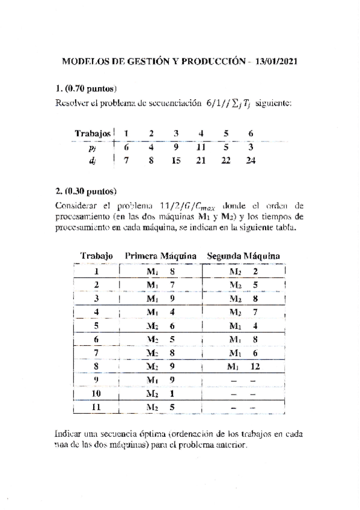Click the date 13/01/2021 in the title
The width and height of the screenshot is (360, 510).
click(276, 61)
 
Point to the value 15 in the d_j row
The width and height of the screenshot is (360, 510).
click(176, 161)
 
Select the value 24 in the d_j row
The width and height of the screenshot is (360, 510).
click(251, 161)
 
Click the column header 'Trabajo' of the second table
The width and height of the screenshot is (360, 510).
click(96, 256)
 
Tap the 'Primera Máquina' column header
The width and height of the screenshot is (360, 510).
click(160, 256)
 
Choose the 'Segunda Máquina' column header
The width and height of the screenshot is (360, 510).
click(243, 256)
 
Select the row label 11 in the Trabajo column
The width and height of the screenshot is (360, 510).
click(96, 407)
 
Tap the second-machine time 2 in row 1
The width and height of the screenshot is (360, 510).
click(255, 271)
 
